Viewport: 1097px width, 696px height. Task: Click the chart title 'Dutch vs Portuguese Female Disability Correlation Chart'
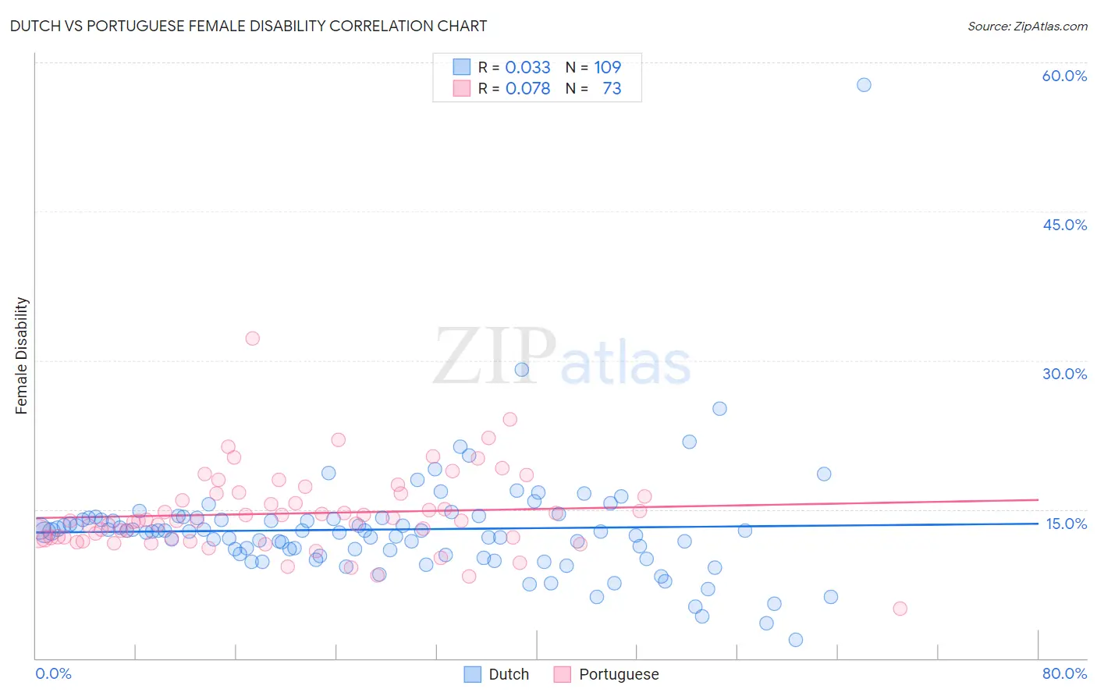pos(248,26)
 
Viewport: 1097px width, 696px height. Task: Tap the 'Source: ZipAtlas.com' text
pos(1027,26)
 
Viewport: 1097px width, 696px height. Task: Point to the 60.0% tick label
pos(1064,76)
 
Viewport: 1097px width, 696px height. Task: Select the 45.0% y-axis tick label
pos(1064,225)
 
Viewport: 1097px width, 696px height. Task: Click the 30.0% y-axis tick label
pos(1064,374)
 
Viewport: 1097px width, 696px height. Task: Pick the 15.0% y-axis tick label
pos(1065,524)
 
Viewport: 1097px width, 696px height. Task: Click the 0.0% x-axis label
pos(53,673)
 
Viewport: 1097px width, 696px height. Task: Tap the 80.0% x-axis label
pos(1064,673)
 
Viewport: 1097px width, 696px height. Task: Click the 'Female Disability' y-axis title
pos(22,355)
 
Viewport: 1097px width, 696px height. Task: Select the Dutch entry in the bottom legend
pos(496,674)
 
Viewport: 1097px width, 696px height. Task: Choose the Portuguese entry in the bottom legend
pos(606,674)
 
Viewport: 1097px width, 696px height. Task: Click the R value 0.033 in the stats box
pos(527,67)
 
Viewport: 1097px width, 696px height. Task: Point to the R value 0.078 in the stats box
pos(527,88)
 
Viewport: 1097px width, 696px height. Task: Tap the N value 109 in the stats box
pos(607,67)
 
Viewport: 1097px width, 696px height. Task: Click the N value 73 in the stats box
pos(612,88)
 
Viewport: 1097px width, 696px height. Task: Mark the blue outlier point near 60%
pos(864,84)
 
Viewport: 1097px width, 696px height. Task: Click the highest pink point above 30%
pos(252,338)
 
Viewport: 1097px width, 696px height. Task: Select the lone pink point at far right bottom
pos(900,609)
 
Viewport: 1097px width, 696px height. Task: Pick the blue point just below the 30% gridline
pos(522,369)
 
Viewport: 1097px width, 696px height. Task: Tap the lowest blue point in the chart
pos(796,640)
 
